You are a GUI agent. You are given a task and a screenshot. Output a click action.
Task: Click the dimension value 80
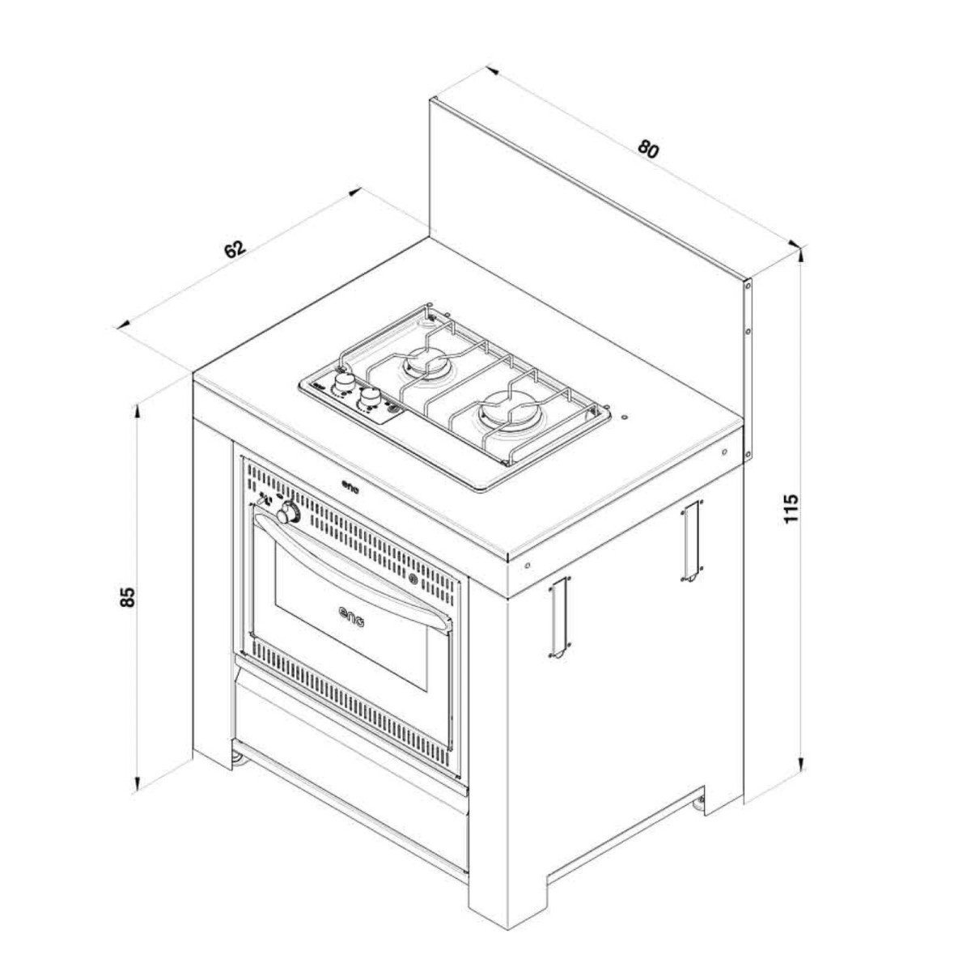(649, 149)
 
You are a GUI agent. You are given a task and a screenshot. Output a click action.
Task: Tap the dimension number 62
(235, 249)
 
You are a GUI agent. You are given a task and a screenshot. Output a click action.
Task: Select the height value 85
(127, 597)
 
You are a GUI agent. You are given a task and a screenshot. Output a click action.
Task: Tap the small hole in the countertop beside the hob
(624, 418)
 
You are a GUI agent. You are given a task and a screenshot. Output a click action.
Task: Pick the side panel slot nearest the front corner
(557, 617)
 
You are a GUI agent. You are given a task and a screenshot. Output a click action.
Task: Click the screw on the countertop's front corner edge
(527, 564)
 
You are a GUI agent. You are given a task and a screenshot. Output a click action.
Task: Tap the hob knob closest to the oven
(371, 397)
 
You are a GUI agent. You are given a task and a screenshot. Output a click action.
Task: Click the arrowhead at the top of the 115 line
(799, 252)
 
